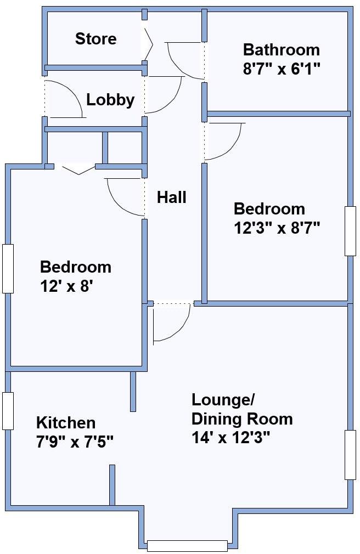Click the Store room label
(95, 39)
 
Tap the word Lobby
(110, 100)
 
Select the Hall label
(172, 197)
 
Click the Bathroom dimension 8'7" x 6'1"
(281, 69)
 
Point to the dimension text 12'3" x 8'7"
(277, 228)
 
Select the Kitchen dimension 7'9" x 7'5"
(75, 441)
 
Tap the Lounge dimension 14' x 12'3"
(231, 438)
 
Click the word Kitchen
(66, 423)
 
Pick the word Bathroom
(281, 50)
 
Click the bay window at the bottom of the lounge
(187, 545)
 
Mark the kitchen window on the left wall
(8, 411)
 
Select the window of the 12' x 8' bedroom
(8, 269)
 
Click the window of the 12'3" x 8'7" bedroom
(350, 231)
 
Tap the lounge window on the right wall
(350, 455)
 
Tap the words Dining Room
(241, 419)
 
